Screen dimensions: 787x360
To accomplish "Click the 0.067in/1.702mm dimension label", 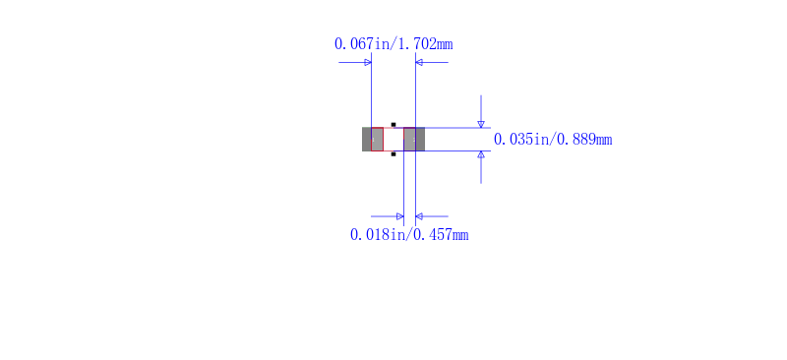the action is [x=393, y=44].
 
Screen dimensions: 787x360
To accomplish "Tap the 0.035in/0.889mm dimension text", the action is [x=553, y=139].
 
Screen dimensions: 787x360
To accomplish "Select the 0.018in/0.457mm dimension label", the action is [x=409, y=234].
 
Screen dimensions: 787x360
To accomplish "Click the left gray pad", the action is [x=373, y=139].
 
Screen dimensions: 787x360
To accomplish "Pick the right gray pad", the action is [x=414, y=139].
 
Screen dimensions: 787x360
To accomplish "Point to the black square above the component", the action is [x=393, y=125].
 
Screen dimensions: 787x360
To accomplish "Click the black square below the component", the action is [x=393, y=154].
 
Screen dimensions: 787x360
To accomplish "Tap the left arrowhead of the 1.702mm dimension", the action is [x=368, y=62].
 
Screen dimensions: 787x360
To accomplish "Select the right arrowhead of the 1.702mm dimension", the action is [x=419, y=62].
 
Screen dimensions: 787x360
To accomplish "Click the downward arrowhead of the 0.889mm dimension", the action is [x=481, y=124].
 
